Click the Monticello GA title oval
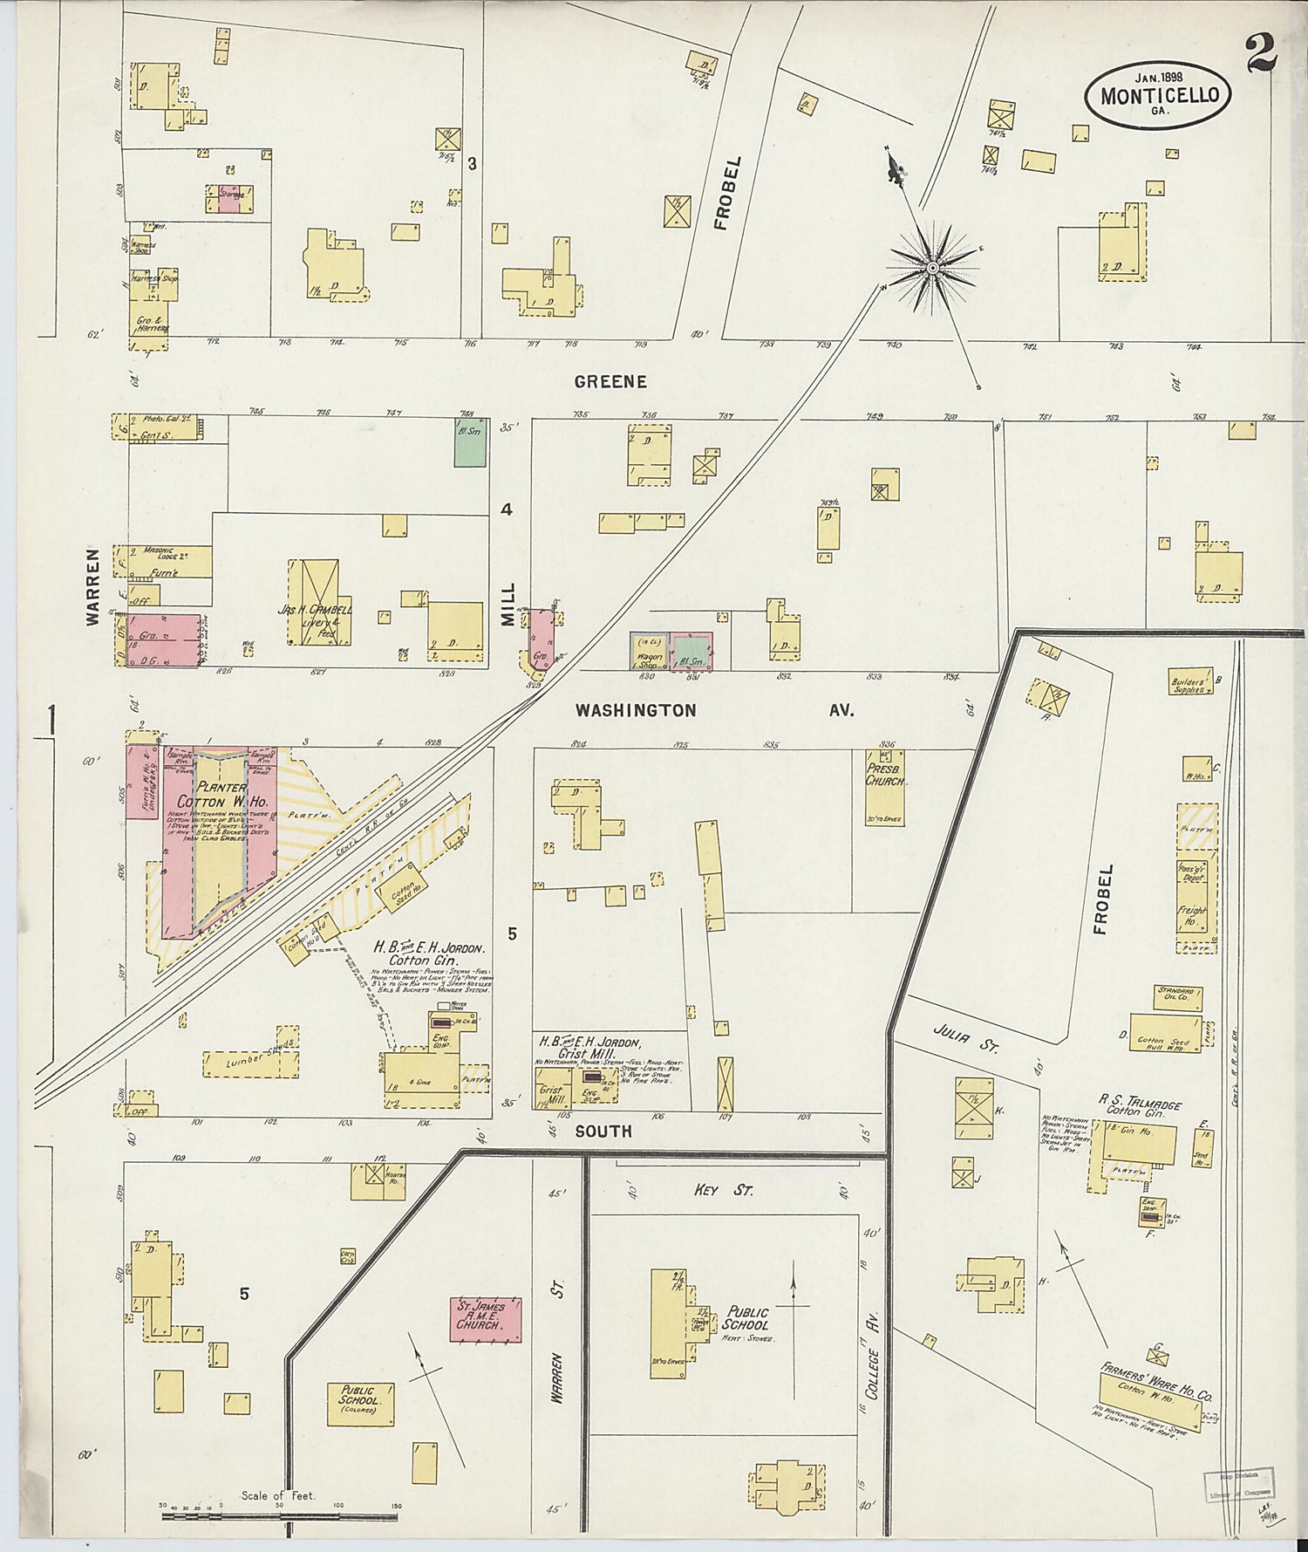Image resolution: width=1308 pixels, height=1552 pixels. click(x=1159, y=94)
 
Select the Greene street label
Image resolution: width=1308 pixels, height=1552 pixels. click(x=610, y=382)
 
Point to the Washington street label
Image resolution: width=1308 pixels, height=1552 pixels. click(x=636, y=711)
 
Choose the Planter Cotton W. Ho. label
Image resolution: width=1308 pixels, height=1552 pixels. click(x=212, y=794)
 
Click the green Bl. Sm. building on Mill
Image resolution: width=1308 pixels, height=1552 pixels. click(x=469, y=443)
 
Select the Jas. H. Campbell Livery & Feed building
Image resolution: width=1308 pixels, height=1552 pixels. click(x=319, y=603)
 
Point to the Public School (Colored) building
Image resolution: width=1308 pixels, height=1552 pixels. click(x=360, y=1405)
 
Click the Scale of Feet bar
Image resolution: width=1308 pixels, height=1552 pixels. click(x=279, y=1516)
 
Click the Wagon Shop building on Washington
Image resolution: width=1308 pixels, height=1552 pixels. click(x=648, y=653)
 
